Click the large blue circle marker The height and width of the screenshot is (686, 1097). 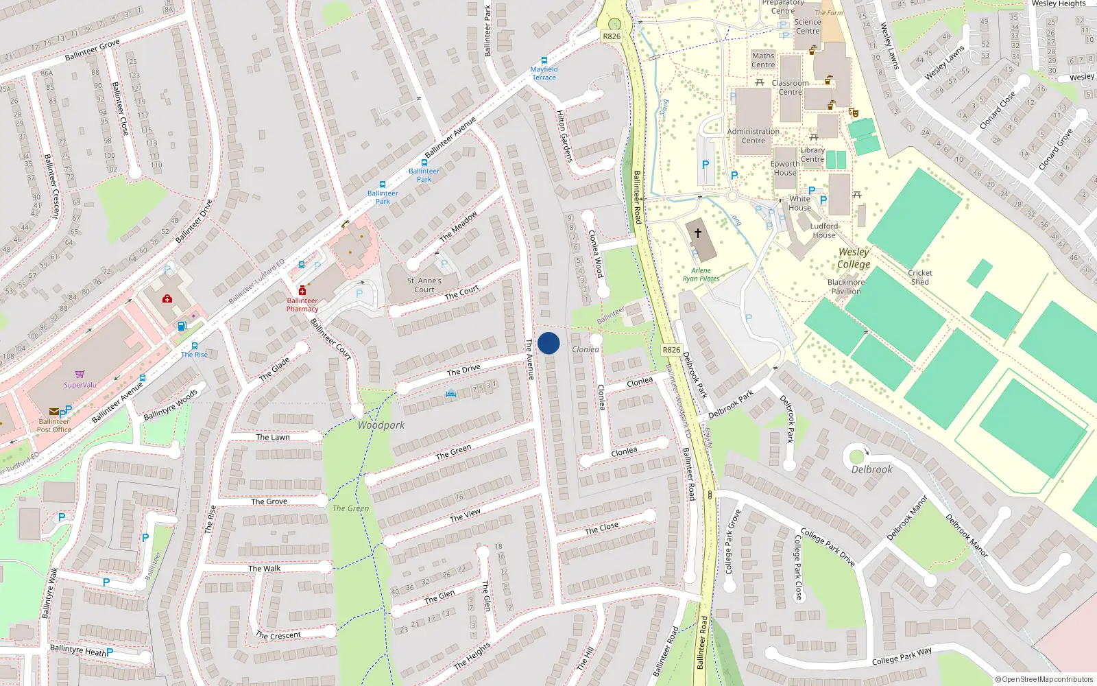[548, 343]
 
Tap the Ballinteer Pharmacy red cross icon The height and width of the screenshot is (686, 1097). [302, 291]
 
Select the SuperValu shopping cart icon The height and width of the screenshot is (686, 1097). [80, 375]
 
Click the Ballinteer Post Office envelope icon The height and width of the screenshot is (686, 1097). [53, 412]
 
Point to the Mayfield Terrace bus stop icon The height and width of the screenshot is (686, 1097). [544, 60]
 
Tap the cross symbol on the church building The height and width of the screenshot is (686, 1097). [698, 233]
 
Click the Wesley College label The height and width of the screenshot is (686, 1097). [854, 258]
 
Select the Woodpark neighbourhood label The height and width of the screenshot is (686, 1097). [381, 425]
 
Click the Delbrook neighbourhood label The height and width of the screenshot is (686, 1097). [872, 470]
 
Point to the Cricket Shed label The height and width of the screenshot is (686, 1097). [920, 277]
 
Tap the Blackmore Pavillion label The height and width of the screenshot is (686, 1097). [846, 287]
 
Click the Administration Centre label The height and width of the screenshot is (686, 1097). [754, 136]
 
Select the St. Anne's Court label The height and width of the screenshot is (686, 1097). [424, 285]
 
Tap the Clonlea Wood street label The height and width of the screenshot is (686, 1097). [595, 253]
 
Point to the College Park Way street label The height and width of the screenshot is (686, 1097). [902, 656]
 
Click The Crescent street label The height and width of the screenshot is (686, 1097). [278, 635]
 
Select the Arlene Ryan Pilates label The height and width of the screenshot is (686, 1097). [701, 274]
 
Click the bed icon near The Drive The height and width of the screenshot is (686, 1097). [450, 393]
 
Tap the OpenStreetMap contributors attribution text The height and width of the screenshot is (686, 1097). [1044, 679]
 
